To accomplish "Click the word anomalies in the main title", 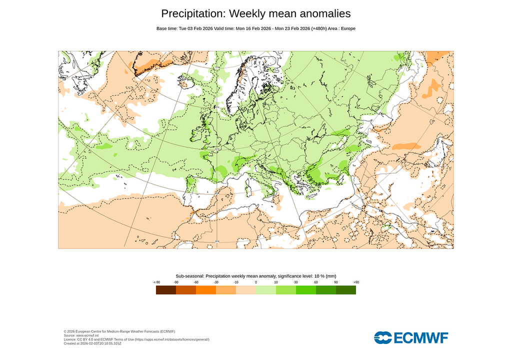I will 322,13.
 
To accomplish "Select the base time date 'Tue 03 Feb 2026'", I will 195,28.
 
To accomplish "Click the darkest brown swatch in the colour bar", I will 166,289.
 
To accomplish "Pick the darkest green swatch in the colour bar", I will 346,289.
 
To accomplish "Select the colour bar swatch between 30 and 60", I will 306,289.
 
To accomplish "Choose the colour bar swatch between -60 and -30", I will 206,289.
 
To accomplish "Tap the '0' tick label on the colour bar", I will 256,282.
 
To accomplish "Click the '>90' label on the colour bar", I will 356,282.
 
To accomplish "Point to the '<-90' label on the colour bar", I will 156,282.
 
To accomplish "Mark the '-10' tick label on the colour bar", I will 236,282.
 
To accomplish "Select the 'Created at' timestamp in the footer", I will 92,343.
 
